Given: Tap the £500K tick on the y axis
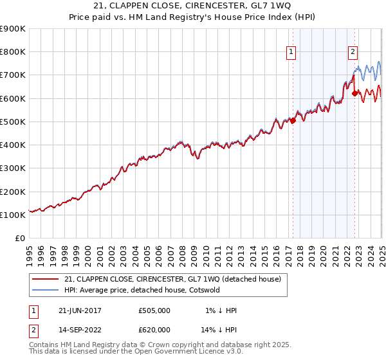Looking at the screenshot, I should pyautogui.click(x=13, y=122).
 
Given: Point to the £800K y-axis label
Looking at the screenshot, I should pyautogui.click(x=13, y=52).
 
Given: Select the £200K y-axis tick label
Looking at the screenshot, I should pyautogui.click(x=13, y=192).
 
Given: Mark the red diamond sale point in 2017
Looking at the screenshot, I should pyautogui.click(x=293, y=120).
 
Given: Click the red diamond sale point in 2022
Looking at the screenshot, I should pyautogui.click(x=354, y=93).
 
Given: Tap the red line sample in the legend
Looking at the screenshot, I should pyautogui.click(x=46, y=279).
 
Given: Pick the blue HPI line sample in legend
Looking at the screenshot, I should pyautogui.click(x=46, y=291).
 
